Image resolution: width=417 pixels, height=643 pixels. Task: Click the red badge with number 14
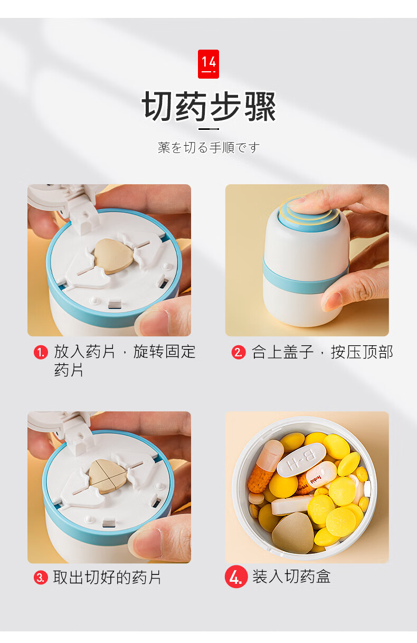click(x=209, y=64)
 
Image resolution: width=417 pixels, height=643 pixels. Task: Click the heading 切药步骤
click(x=209, y=107)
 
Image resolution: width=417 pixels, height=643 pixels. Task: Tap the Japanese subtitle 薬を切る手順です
click(x=209, y=147)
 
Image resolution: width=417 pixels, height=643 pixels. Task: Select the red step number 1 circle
click(x=41, y=352)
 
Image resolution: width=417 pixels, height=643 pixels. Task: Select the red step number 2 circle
click(x=239, y=352)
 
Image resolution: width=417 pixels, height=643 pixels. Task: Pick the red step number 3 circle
click(x=41, y=577)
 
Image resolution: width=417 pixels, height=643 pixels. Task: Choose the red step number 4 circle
click(x=236, y=576)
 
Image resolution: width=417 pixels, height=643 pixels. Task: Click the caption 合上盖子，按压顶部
click(x=323, y=352)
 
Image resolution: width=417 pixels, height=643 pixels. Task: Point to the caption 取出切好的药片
click(x=107, y=577)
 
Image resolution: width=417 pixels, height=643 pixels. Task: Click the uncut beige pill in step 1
click(x=114, y=256)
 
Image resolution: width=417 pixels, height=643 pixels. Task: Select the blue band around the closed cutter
click(x=306, y=278)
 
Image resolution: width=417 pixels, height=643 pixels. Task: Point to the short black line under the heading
click(x=209, y=129)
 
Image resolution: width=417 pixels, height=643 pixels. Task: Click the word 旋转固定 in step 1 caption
click(x=165, y=352)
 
